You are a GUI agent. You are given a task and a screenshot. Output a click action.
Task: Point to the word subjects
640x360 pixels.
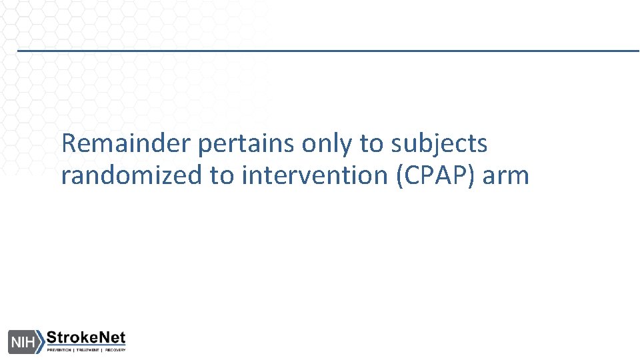point(440,144)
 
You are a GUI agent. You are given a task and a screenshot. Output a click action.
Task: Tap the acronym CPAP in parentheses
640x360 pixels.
point(433,175)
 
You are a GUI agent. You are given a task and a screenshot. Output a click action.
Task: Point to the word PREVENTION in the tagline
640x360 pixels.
point(59,349)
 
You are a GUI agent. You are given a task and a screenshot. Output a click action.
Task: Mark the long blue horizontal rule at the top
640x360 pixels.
point(327,51)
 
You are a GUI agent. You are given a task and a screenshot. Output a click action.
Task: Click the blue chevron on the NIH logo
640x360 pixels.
point(41,341)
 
